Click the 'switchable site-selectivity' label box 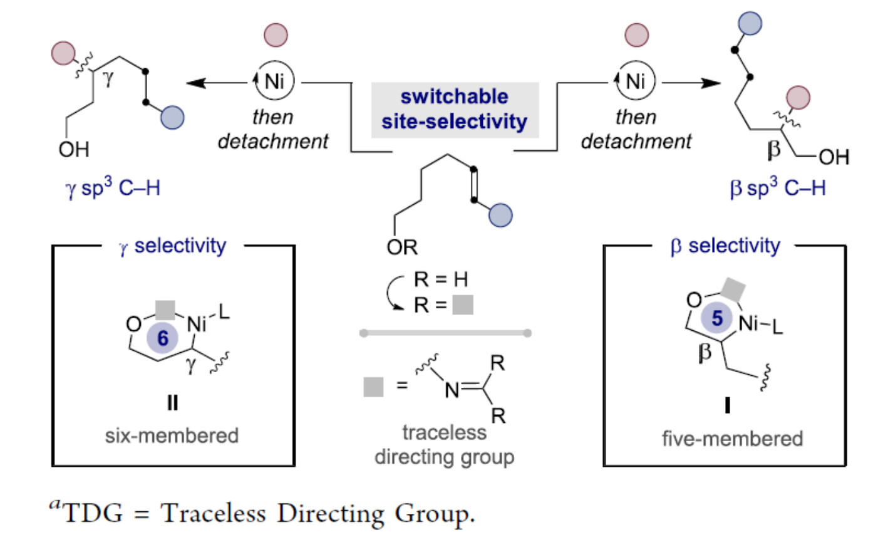[x=454, y=109]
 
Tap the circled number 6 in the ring [x=163, y=338]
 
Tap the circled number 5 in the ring [x=717, y=318]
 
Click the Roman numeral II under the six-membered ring [x=172, y=403]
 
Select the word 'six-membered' [x=172, y=435]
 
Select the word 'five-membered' [x=732, y=439]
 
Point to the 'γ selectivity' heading [x=173, y=246]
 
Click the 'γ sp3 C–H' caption [x=113, y=187]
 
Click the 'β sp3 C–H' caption [x=777, y=187]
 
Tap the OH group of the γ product [x=74, y=150]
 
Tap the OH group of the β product [x=834, y=157]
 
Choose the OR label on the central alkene [x=402, y=247]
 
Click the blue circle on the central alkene [x=500, y=215]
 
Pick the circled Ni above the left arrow [x=274, y=81]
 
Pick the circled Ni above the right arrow [x=635, y=81]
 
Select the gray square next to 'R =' [x=463, y=305]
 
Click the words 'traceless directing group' [x=444, y=445]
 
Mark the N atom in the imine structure [x=452, y=391]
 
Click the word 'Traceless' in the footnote [x=213, y=514]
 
